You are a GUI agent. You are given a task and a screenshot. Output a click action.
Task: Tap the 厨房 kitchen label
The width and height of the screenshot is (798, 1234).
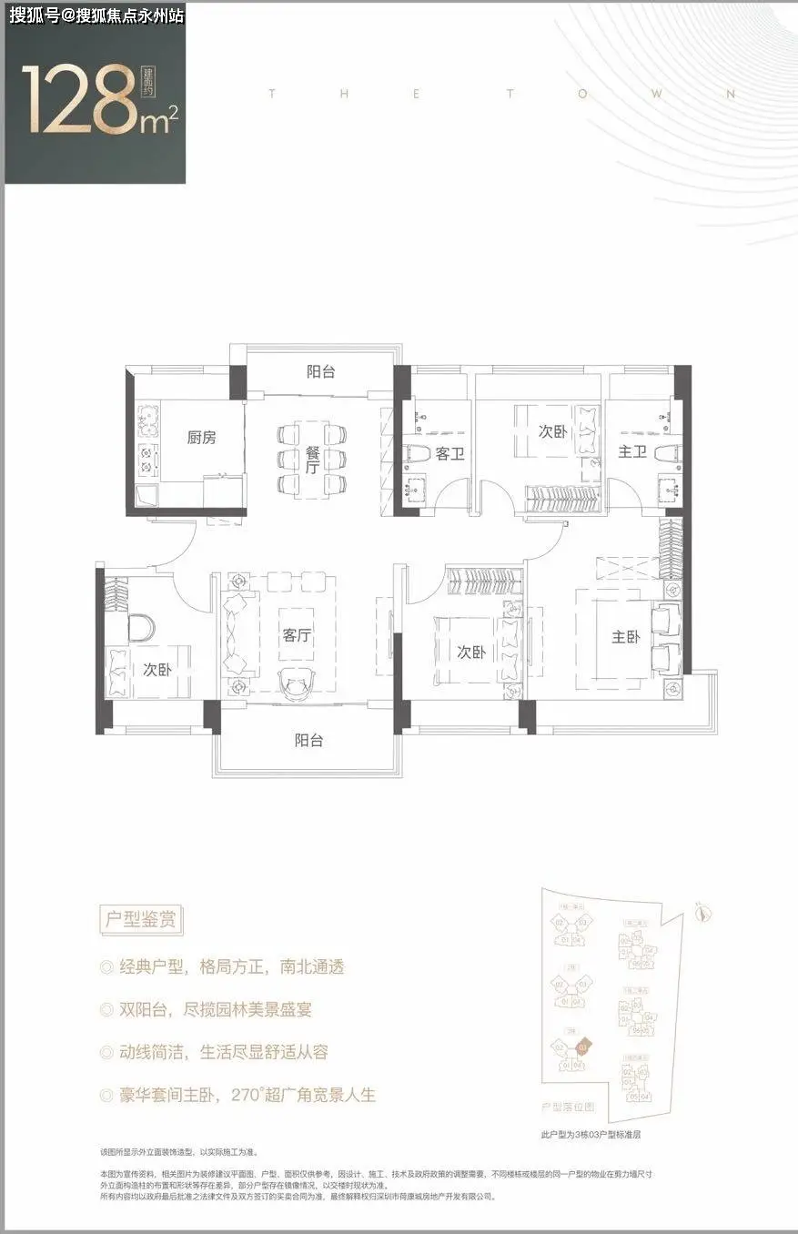point(202,438)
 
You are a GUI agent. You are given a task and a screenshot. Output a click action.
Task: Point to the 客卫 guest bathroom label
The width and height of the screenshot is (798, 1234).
point(450,452)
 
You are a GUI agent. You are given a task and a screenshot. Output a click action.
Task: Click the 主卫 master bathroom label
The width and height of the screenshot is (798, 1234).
point(631,452)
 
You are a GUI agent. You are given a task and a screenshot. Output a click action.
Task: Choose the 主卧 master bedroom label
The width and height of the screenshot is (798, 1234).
point(625,637)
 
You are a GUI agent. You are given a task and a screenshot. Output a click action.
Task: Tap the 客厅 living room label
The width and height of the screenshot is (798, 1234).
point(298,636)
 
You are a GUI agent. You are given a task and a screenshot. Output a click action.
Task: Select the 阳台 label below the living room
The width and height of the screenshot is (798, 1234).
point(308,741)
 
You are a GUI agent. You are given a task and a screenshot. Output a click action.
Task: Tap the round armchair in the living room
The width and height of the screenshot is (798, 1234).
point(297,681)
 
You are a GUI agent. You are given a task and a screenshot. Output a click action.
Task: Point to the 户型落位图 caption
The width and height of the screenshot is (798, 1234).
point(568,1108)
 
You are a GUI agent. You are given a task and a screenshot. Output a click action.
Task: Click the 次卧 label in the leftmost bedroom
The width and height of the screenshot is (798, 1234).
point(157,670)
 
